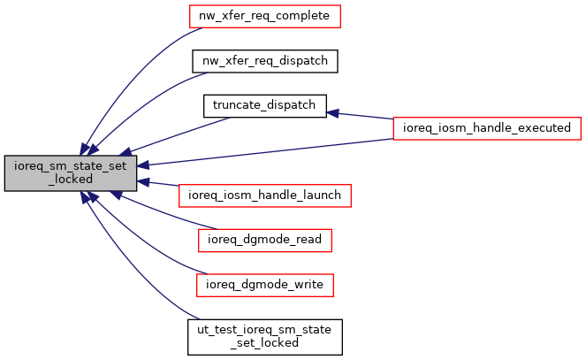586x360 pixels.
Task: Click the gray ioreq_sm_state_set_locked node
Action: (71, 173)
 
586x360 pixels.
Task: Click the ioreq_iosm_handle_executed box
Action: (486, 127)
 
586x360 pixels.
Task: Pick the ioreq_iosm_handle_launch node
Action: (265, 194)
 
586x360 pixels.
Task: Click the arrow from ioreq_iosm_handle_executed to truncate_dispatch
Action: (362, 116)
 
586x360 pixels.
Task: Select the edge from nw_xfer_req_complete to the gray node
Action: (133, 71)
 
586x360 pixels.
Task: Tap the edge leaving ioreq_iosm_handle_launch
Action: (159, 186)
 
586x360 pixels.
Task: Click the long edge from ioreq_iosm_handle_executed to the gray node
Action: (265, 150)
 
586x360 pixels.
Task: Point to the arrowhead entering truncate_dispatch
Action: (334, 112)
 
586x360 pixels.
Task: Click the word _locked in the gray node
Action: (71, 180)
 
